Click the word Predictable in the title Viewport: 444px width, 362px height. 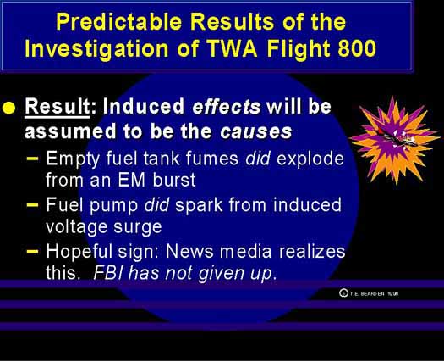coord(119,22)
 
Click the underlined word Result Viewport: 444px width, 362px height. coord(58,106)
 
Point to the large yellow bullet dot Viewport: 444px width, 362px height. coord(8,109)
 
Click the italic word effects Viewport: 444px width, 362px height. coord(226,107)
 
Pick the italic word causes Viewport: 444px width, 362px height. coord(255,131)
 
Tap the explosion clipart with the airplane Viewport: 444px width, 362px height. coord(393,140)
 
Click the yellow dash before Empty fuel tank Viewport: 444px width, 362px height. coord(32,159)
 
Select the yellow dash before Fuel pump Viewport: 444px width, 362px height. coord(32,204)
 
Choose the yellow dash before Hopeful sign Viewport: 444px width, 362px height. coord(32,251)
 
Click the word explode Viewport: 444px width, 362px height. coord(310,159)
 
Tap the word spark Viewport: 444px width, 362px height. coord(199,205)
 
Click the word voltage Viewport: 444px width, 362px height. coord(76,227)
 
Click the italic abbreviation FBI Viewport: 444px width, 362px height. coord(108,273)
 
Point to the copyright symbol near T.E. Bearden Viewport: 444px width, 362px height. coord(343,292)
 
